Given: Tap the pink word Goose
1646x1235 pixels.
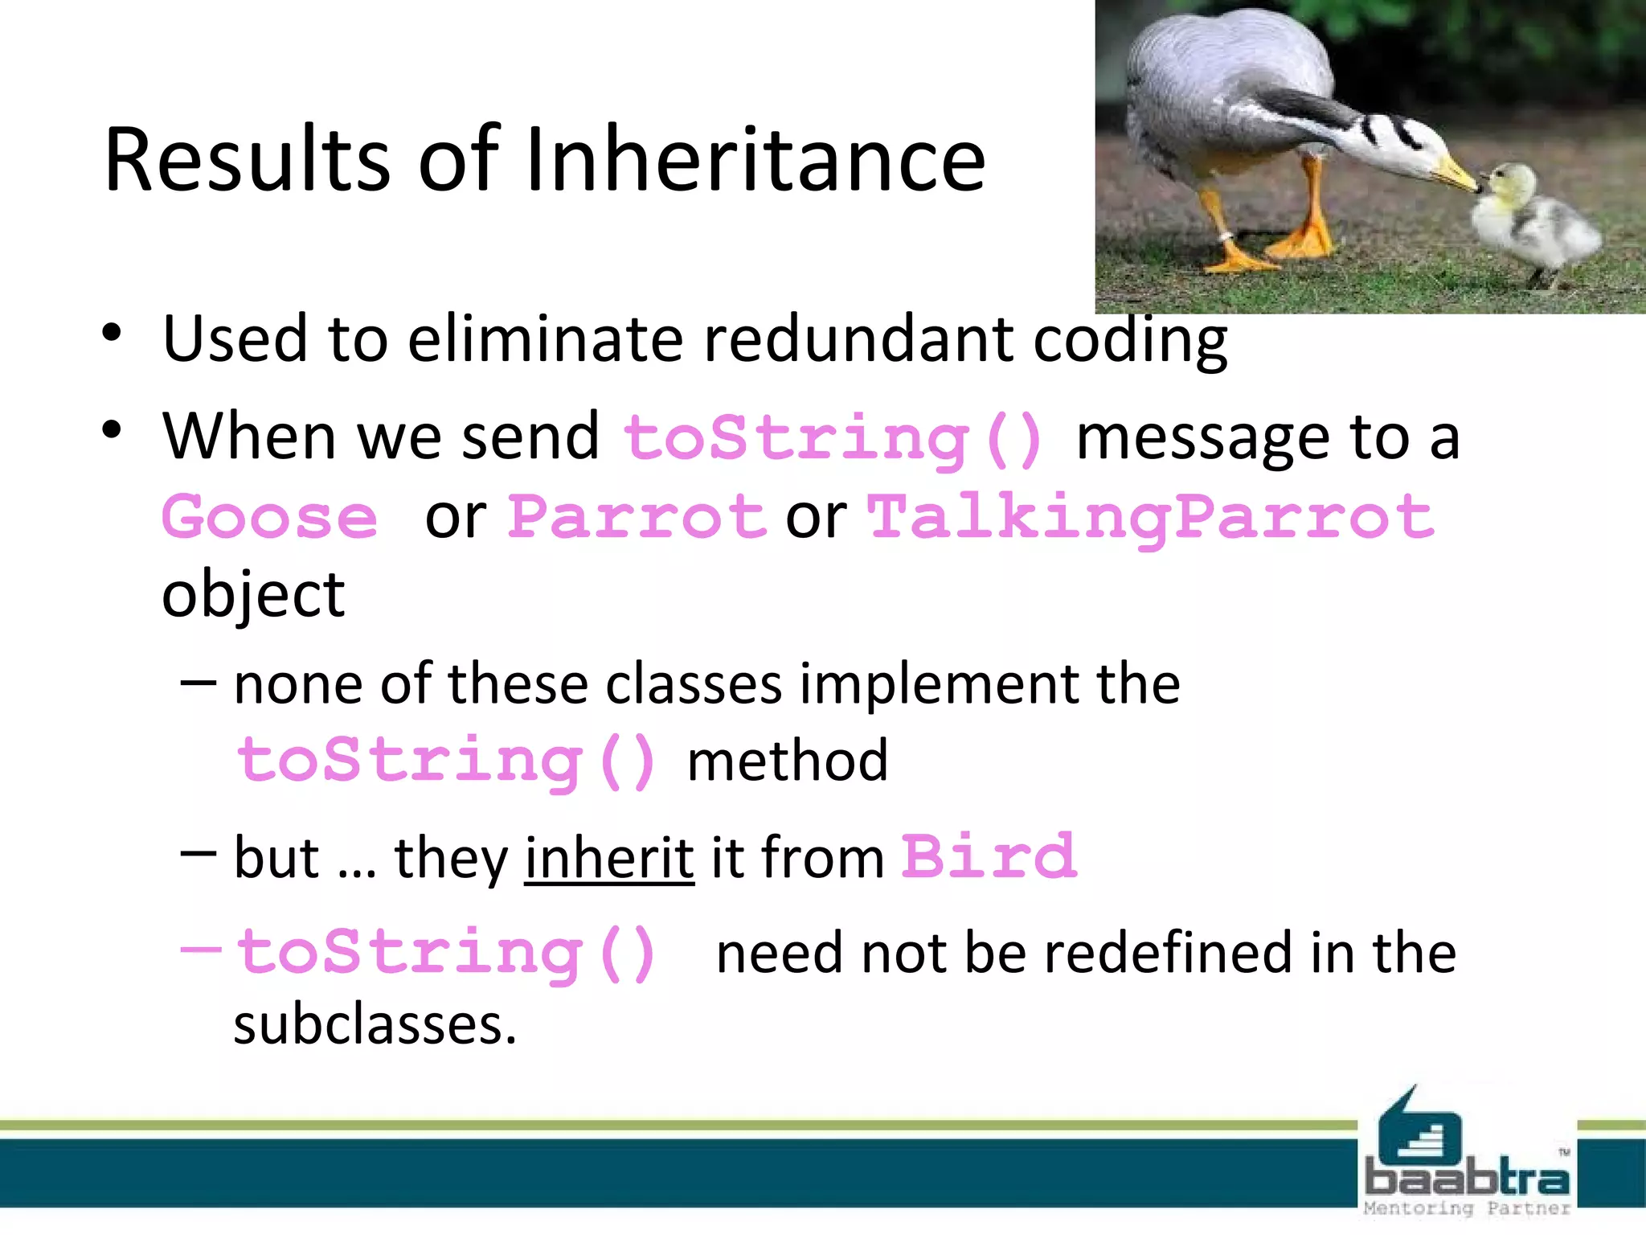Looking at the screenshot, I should [x=270, y=517].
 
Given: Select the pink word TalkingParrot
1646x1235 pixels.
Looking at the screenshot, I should [x=1151, y=517].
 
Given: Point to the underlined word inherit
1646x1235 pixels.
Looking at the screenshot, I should [x=609, y=858].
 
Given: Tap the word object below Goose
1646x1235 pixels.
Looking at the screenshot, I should [x=253, y=595].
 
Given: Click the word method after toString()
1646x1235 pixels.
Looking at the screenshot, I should [x=788, y=761].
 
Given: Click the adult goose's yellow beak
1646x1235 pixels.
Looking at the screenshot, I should [x=1455, y=173].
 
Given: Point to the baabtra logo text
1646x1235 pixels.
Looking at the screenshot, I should [x=1467, y=1179].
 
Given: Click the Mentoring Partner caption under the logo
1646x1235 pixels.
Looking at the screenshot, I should [x=1467, y=1208].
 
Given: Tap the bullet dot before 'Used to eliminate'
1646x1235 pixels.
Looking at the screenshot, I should [x=112, y=333].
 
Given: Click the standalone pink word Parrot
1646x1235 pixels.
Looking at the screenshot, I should [x=637, y=517].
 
